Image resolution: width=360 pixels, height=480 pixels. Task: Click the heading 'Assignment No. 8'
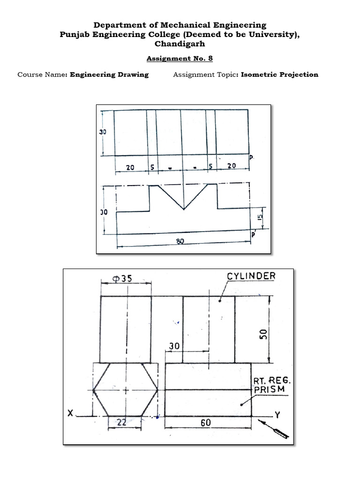(180, 59)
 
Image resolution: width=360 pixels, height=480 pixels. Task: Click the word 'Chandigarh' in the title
(180, 44)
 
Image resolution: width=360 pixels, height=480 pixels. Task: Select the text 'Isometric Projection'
(279, 75)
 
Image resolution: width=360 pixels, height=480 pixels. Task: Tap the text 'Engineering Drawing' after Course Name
(109, 75)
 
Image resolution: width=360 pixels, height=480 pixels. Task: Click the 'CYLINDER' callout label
(251, 276)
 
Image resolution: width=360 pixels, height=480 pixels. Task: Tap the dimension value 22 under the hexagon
(121, 422)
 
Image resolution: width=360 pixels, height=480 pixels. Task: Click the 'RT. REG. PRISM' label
(269, 385)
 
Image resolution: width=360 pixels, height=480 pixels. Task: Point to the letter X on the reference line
(71, 413)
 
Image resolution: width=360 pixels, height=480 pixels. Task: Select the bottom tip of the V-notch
(183, 209)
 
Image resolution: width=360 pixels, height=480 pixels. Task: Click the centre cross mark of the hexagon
(126, 390)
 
